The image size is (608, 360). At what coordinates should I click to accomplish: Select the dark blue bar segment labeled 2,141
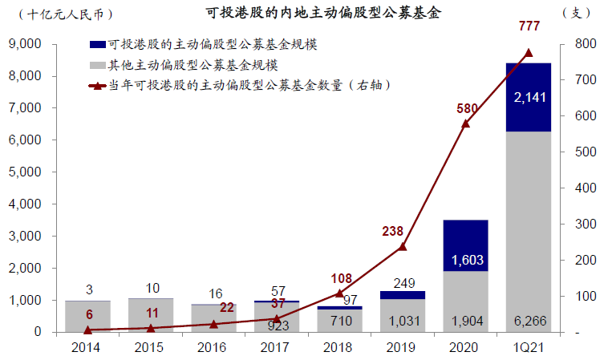529,97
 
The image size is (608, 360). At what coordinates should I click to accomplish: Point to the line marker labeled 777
529,53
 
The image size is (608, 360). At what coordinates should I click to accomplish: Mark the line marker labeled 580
465,123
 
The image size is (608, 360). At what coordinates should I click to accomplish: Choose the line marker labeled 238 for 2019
403,247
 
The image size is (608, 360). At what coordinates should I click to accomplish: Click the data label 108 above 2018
341,278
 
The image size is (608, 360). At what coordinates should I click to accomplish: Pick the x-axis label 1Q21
529,347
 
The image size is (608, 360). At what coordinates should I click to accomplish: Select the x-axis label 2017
277,347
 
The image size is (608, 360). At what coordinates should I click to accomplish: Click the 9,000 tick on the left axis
30,44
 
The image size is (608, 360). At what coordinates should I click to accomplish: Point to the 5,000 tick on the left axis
30,172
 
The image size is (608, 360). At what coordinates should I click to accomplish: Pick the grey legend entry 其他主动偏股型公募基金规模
193,64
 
